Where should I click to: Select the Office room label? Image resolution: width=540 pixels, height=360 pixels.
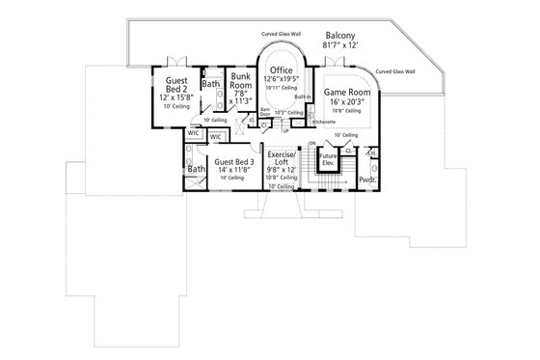[282, 71]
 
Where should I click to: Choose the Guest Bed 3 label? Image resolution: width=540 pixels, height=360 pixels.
[234, 162]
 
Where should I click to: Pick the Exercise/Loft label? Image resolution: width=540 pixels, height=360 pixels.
[282, 159]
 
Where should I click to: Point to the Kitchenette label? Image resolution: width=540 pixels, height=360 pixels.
[324, 123]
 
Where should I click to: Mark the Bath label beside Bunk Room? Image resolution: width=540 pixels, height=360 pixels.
[210, 84]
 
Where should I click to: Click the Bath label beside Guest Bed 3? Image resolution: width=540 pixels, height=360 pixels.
[197, 169]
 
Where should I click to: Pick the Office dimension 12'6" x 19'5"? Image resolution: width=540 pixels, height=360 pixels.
[282, 80]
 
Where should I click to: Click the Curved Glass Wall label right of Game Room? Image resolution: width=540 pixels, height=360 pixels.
[396, 70]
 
